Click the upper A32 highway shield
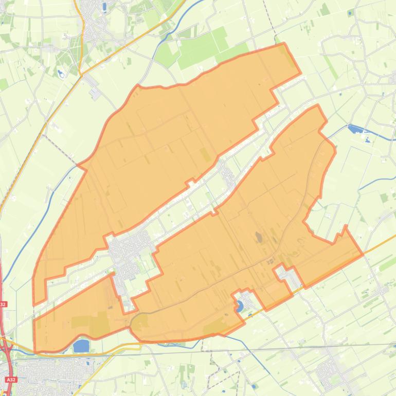(3, 304)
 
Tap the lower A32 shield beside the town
(11, 380)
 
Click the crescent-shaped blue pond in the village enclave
(240, 307)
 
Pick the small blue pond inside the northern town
(104, 7)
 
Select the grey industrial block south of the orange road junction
(95, 93)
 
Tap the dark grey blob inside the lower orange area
(259, 237)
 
